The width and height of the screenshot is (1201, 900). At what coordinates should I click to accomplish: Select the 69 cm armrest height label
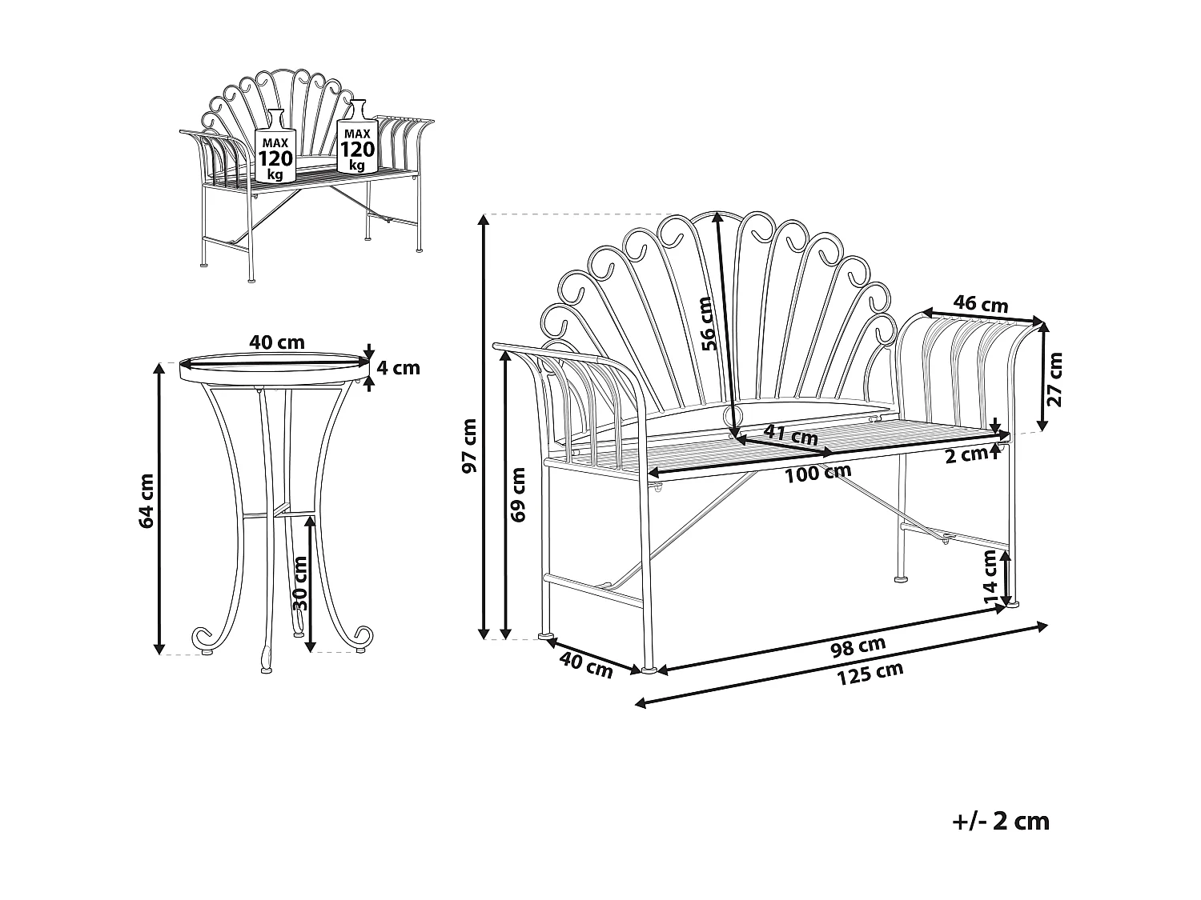[x=518, y=494]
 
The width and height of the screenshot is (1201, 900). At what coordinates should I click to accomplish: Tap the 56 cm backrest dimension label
[x=705, y=323]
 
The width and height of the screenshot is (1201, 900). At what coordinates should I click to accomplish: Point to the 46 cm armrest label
[x=982, y=304]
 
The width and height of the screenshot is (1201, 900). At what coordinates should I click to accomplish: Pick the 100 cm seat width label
[x=817, y=472]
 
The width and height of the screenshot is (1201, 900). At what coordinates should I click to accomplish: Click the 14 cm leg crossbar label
[x=990, y=577]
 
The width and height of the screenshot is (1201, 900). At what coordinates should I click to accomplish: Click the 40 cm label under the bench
[x=586, y=666]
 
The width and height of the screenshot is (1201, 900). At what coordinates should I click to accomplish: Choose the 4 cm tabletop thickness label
[x=398, y=368]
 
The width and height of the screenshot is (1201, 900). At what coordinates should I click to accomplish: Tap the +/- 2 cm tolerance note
[x=1001, y=822]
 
